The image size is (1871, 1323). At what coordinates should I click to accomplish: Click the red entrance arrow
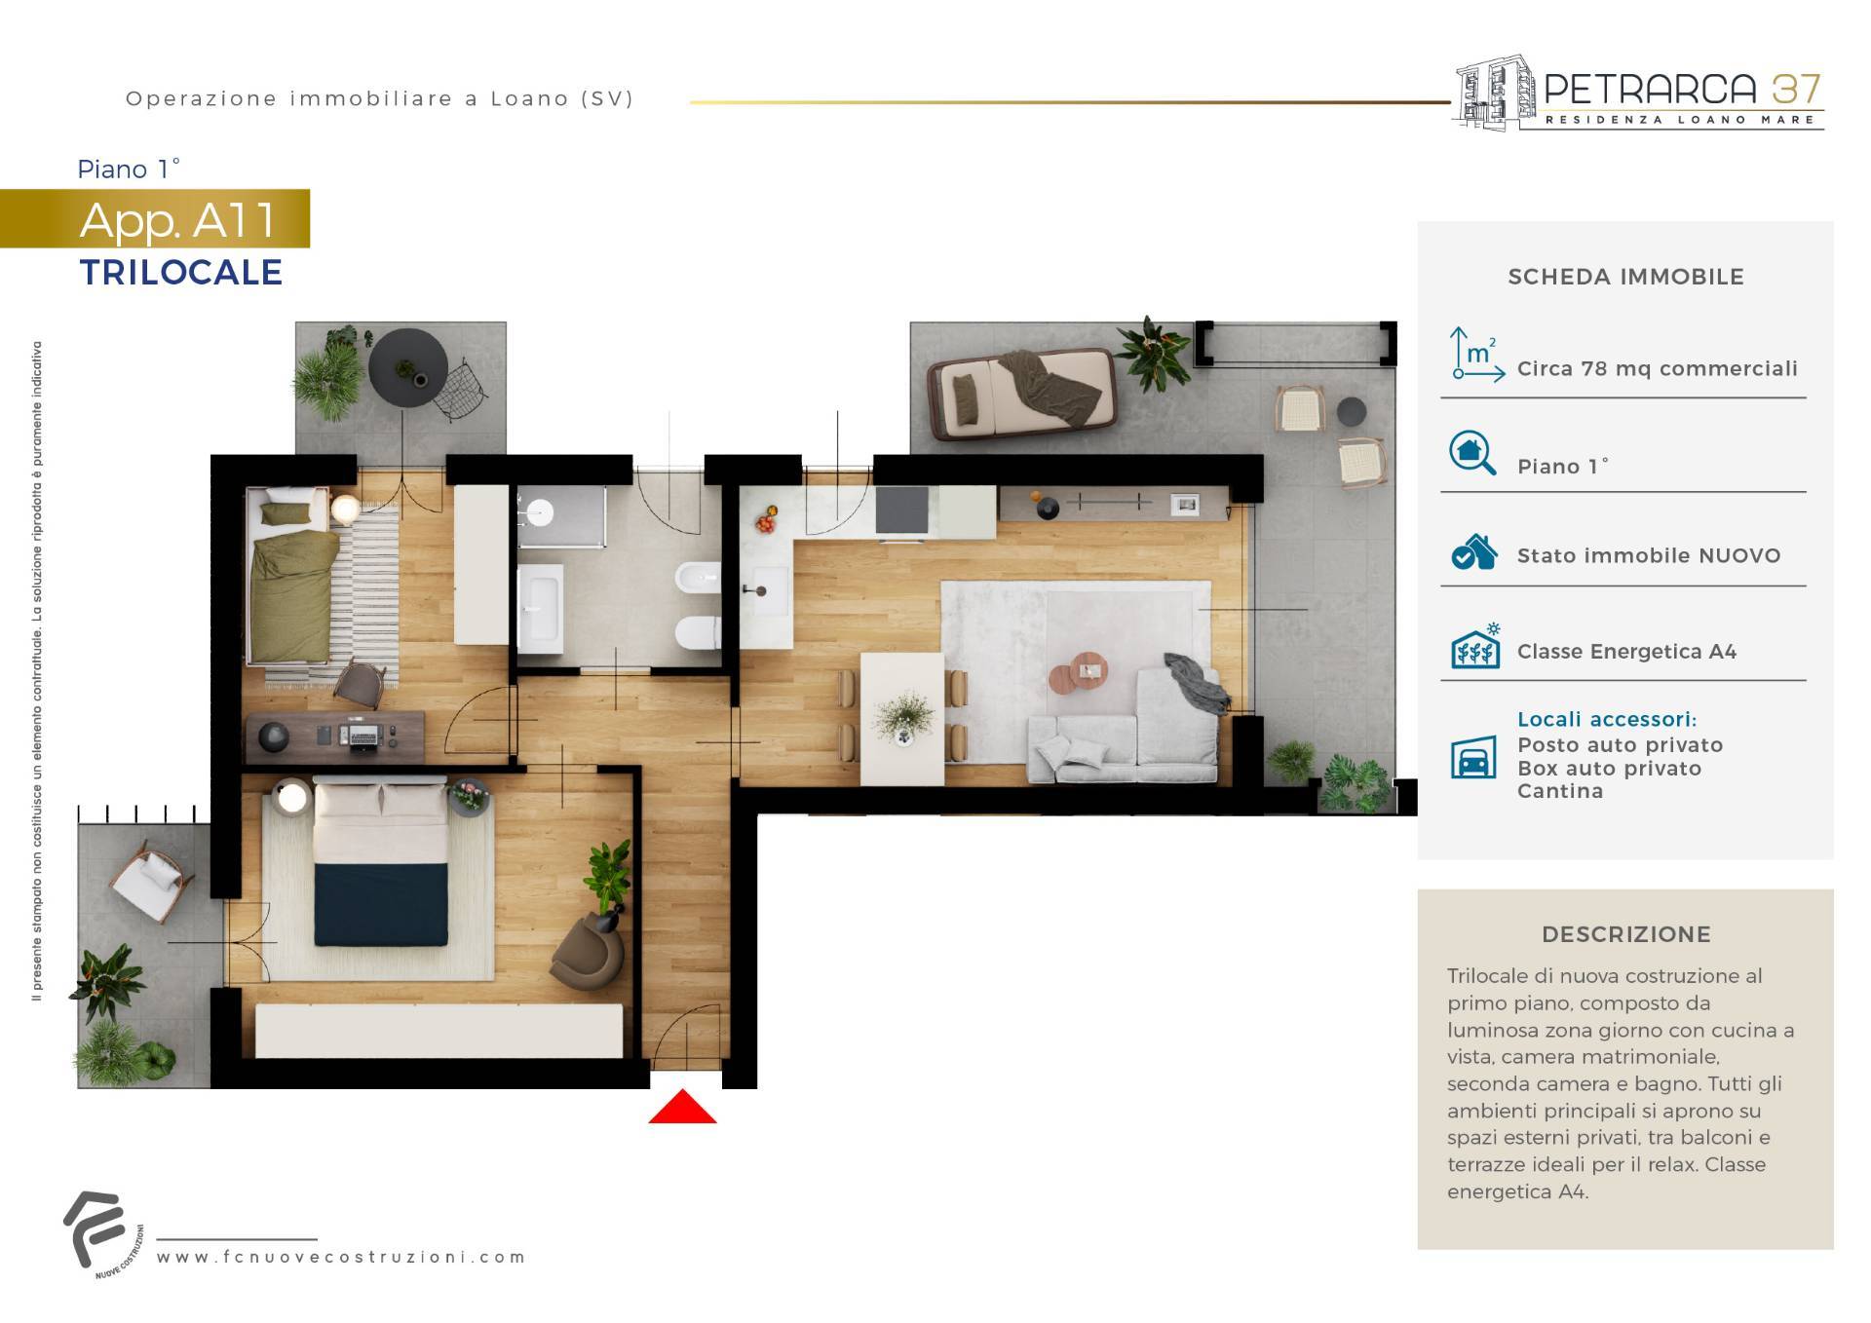tap(682, 1107)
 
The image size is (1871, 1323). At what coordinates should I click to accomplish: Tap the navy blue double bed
tap(381, 863)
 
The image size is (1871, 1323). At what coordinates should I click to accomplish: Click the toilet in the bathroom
tap(698, 633)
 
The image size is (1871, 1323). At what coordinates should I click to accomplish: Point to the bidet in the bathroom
tap(698, 578)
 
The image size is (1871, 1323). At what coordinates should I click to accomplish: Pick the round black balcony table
tap(408, 361)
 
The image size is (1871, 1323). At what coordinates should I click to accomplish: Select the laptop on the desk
tap(363, 734)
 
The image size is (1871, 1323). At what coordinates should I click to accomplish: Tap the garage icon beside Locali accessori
tap(1473, 757)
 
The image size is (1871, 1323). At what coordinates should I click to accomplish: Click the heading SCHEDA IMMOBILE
tap(1625, 277)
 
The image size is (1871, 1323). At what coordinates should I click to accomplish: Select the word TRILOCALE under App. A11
tap(181, 272)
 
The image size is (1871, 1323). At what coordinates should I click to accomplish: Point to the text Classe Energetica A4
tap(1626, 652)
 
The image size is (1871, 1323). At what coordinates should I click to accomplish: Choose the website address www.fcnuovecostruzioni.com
tap(341, 1257)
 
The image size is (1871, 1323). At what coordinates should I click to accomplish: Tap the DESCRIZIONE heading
tap(1625, 934)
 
